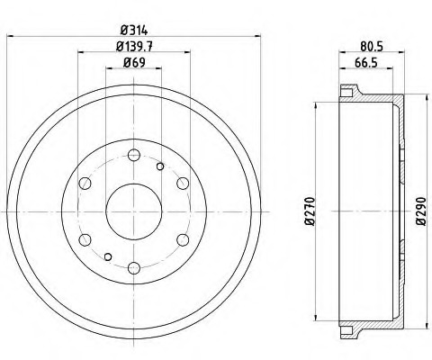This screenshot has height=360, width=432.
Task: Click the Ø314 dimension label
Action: click(134, 31)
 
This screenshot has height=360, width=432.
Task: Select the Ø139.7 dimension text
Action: click(134, 46)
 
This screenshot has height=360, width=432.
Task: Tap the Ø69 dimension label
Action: click(134, 63)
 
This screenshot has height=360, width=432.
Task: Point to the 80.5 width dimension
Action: click(372, 46)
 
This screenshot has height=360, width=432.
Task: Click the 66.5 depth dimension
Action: click(366, 63)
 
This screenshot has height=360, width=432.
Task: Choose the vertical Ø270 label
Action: click(310, 211)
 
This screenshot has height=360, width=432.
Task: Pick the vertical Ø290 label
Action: click(421, 211)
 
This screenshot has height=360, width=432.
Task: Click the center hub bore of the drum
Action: click(134, 211)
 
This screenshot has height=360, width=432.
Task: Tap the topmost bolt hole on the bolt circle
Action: click(134, 155)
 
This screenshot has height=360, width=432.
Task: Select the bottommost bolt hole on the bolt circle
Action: click(134, 268)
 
